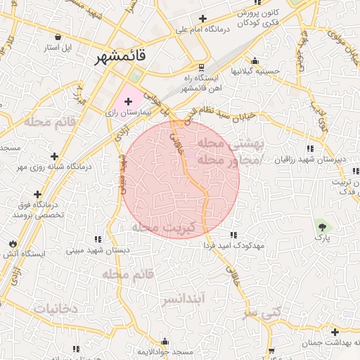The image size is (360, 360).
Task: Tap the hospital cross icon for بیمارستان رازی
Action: pos(128,102)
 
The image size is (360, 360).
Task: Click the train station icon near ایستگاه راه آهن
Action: pos(202,67)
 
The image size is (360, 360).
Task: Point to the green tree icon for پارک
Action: pos(323,226)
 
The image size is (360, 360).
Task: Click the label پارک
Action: pos(323,239)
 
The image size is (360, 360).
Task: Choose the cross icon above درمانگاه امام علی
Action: pos(202,18)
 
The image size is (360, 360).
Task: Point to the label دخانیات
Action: pos(53,309)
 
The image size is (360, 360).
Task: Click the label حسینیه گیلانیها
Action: pos(256,71)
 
